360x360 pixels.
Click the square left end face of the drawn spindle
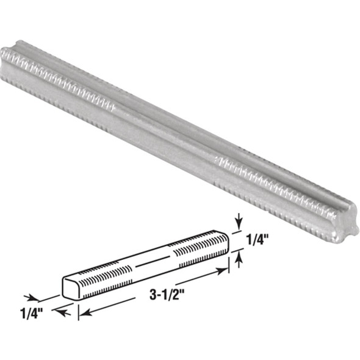click(71, 286)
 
